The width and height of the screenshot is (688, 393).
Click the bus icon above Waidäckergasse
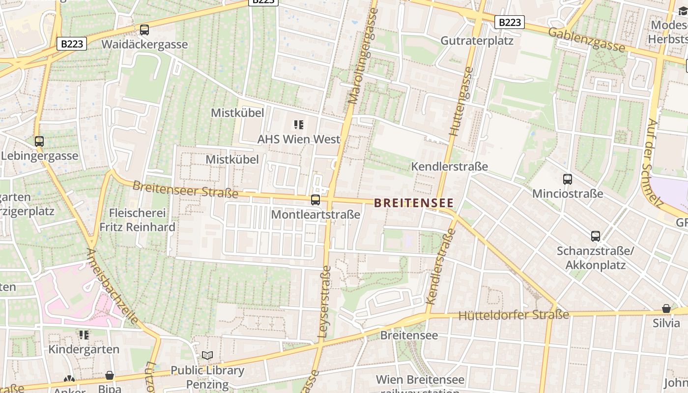click(144, 30)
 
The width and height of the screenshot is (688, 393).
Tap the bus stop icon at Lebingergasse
click(39, 141)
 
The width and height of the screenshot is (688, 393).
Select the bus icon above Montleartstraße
click(315, 200)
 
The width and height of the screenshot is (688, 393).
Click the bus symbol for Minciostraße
click(568, 179)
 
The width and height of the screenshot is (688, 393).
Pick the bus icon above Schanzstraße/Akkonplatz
click(596, 236)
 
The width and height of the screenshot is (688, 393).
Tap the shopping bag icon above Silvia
click(666, 309)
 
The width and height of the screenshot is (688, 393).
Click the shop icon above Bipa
click(110, 375)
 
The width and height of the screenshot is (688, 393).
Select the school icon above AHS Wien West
click(299, 125)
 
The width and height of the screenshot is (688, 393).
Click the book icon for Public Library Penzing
click(207, 355)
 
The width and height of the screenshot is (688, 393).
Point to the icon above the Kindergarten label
click(84, 335)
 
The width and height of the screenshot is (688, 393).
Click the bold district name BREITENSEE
click(414, 203)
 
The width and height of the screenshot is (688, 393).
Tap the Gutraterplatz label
click(477, 41)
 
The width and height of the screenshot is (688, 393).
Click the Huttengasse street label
click(460, 101)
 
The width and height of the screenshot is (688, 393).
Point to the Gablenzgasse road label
click(586, 40)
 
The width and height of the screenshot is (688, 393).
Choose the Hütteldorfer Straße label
click(514, 314)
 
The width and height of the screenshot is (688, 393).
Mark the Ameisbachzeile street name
click(113, 287)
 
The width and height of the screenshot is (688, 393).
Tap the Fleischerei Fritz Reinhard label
click(137, 220)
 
